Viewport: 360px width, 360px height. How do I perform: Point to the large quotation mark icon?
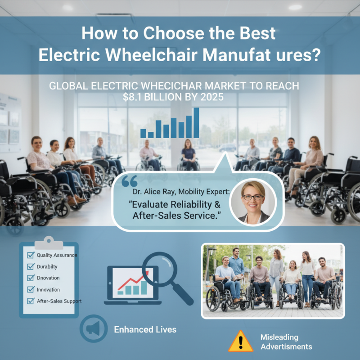pyautogui.click(x=129, y=182)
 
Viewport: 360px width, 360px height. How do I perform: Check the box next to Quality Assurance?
pyautogui.click(x=31, y=255)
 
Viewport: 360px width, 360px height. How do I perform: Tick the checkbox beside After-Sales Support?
pyautogui.click(x=31, y=301)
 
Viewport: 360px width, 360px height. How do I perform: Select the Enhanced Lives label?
pyautogui.click(x=145, y=329)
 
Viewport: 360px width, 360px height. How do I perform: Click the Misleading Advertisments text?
pyautogui.click(x=286, y=342)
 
